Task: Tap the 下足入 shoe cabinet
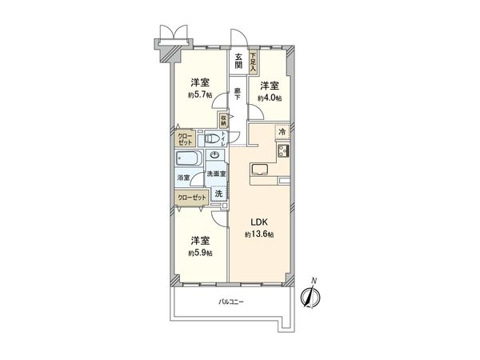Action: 254,63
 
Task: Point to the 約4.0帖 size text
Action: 269,98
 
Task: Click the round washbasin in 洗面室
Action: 214,157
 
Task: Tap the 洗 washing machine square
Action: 218,194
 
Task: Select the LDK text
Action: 259,222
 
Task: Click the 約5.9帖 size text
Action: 201,253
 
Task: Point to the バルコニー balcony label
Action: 230,302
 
